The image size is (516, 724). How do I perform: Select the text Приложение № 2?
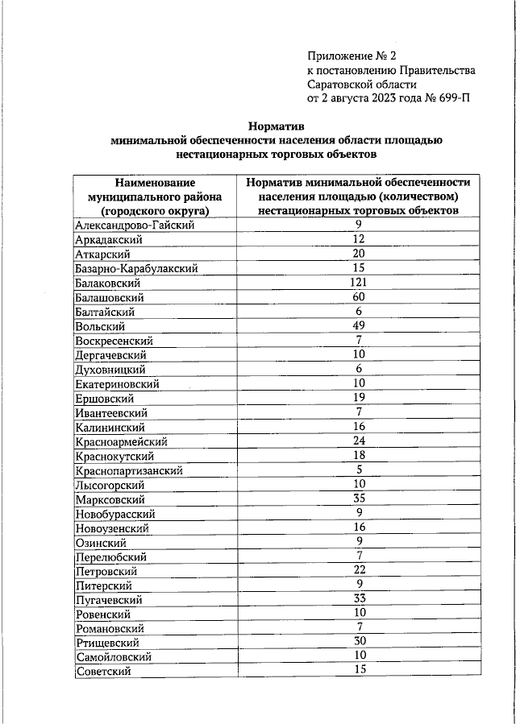352,56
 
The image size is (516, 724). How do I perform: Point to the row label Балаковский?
108,283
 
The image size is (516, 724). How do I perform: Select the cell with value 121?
359,283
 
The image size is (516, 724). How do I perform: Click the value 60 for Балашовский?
359,297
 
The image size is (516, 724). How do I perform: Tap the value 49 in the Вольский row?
359,326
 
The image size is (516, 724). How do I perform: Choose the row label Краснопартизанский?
128,470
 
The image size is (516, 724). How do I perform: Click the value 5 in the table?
359,470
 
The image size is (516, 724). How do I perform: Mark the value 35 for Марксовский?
359,499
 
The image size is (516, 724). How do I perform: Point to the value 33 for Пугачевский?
359,600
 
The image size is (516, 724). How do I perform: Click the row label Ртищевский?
107,643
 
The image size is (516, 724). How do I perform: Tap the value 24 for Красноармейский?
359,441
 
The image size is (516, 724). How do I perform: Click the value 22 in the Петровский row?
359,571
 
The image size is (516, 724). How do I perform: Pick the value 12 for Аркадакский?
359,239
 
